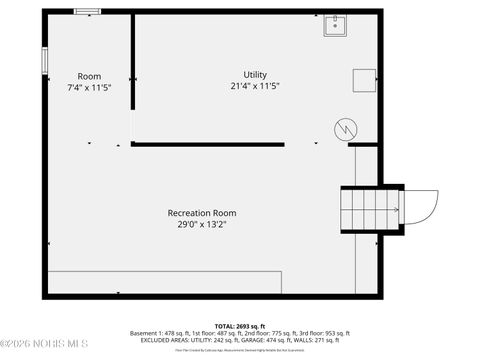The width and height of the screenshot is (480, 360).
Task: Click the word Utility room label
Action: [255, 75]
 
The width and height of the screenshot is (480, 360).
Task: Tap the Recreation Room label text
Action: [202, 212]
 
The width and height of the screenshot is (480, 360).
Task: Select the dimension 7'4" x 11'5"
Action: [89, 87]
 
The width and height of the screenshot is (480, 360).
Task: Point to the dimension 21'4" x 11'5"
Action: [255, 86]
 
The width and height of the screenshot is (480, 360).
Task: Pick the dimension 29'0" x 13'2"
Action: [202, 224]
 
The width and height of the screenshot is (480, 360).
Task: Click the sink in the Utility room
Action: [335, 25]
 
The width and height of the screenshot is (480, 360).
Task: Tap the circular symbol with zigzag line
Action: [344, 129]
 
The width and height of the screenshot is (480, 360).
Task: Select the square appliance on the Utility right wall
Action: [363, 81]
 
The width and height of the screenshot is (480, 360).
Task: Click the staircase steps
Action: [360, 209]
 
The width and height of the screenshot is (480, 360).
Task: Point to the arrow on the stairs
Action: [393, 209]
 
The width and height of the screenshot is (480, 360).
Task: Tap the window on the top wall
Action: [87, 11]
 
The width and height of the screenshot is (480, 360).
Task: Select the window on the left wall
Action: [43, 58]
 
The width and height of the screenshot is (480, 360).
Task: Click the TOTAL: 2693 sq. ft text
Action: [239, 326]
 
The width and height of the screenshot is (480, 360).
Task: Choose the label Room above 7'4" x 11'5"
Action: [89, 76]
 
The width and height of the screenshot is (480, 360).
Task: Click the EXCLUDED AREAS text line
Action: [239, 340]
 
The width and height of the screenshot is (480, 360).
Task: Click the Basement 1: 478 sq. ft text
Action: [160, 333]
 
